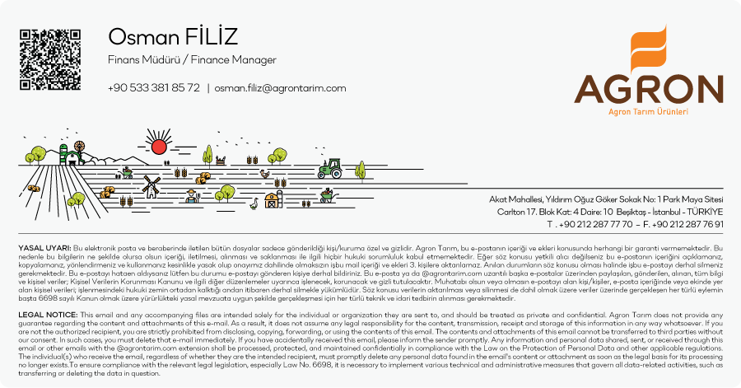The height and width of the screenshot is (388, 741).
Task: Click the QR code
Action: pos(50,59)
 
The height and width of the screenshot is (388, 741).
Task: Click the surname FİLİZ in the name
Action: pos(212,36)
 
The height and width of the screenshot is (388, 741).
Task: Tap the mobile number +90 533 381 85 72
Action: pos(154,88)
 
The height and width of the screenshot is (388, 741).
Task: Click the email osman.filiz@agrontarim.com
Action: pos(280,88)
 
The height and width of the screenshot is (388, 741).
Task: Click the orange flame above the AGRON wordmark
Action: pos(649,49)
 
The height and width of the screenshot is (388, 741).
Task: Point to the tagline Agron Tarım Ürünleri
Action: pos(648,111)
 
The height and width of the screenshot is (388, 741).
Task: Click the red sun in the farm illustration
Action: pos(159,147)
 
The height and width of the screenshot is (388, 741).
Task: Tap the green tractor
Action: pos(330,168)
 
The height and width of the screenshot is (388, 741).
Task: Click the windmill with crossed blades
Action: pos(151,186)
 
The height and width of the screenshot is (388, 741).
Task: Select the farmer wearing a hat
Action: pos(190,196)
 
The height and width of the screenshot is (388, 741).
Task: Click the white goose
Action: pos(254,203)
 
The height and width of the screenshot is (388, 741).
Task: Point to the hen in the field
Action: pos(264,174)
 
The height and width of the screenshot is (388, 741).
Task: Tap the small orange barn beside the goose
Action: pos(271,200)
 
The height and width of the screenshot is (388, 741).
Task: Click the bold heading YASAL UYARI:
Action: pos(45,248)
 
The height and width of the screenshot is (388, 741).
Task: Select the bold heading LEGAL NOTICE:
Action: pos(49,315)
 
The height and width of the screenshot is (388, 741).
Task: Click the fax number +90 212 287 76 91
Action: pos(687,224)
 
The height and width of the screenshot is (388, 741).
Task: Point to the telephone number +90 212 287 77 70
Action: pos(595,224)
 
